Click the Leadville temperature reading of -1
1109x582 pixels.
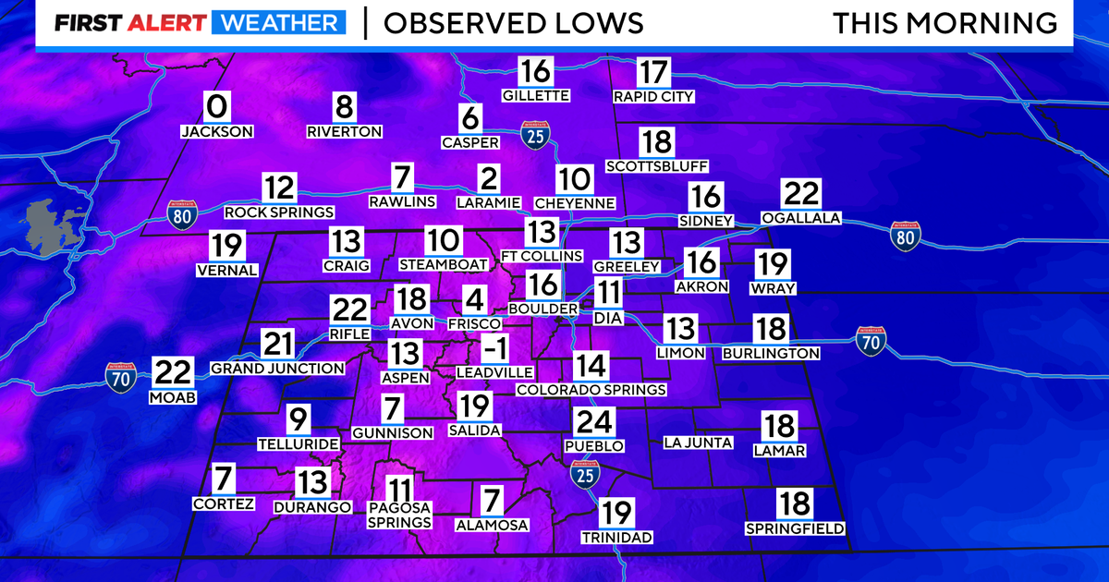pyautogui.click(x=495, y=349)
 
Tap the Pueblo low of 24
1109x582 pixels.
pyautogui.click(x=593, y=423)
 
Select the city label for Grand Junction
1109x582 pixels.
pyautogui.click(x=277, y=369)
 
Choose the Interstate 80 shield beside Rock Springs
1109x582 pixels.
pyautogui.click(x=182, y=214)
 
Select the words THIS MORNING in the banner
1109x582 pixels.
pyautogui.click(x=944, y=23)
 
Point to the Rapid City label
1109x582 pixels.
pyautogui.click(x=653, y=96)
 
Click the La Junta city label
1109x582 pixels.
pyautogui.click(x=698, y=443)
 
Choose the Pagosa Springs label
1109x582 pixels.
pyautogui.click(x=399, y=515)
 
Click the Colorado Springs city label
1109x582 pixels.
pyautogui.click(x=591, y=390)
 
